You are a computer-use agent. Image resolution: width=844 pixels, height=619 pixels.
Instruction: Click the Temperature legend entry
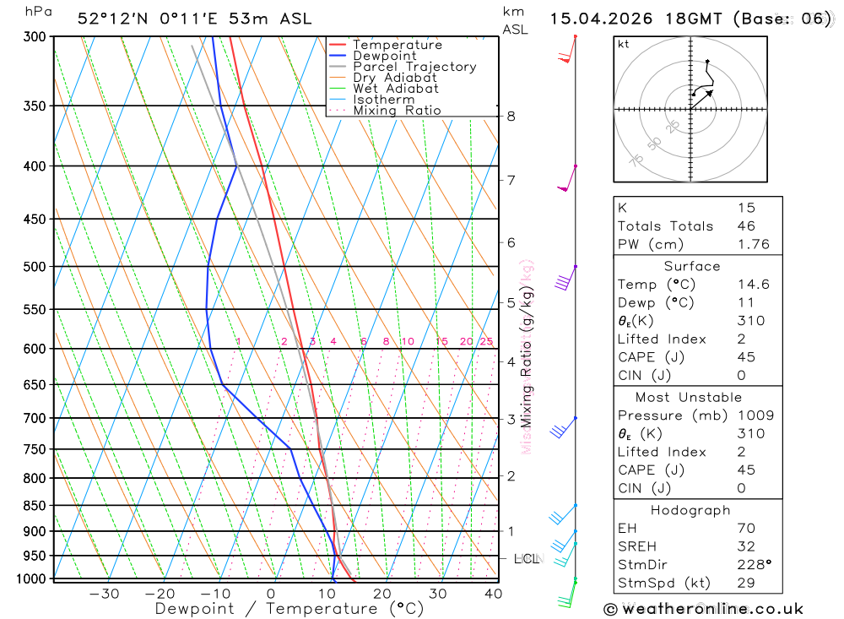click(397, 45)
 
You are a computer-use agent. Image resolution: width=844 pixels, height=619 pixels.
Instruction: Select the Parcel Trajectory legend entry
click(414, 67)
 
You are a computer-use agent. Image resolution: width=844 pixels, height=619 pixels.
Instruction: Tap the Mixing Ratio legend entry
click(397, 111)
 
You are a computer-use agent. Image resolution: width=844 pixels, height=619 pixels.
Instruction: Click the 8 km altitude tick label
click(511, 116)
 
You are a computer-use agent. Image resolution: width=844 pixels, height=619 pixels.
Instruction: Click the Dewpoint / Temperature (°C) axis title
click(289, 609)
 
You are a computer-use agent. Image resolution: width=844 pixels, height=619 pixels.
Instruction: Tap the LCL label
click(527, 558)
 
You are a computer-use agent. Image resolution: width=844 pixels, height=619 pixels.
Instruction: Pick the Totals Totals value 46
click(745, 226)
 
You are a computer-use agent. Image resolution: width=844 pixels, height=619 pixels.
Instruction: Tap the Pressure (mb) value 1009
click(750, 415)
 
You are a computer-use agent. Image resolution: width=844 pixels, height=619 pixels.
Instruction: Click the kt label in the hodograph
click(623, 44)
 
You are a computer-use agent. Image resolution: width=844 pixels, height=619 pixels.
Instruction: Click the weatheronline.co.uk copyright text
click(703, 609)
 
